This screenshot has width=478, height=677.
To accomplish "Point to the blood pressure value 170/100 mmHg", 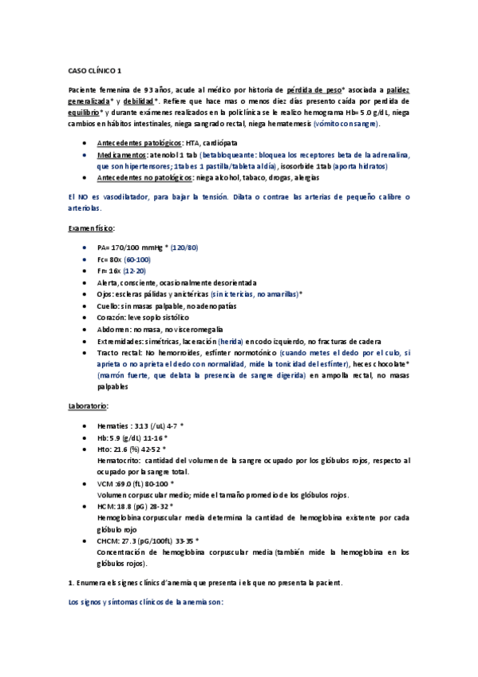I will pyautogui.click(x=138, y=248).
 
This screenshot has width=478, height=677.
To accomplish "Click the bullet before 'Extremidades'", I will pyautogui.click(x=85, y=341).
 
